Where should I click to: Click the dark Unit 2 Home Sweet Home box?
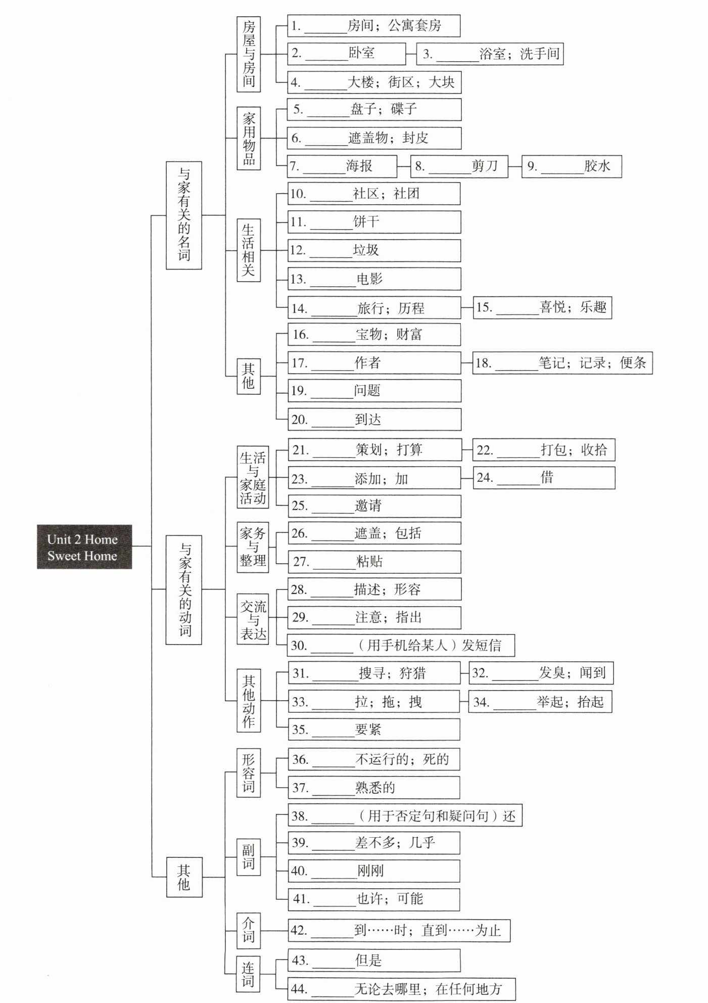84,546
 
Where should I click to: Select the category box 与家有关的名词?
183,215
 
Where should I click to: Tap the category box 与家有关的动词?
183,589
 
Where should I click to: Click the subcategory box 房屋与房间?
249,54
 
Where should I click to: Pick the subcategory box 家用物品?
249,138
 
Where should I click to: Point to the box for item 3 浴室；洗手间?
490,54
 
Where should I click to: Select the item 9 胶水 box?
572,166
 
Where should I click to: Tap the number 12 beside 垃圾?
298,250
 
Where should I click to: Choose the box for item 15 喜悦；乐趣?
542,307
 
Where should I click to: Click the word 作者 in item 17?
367,362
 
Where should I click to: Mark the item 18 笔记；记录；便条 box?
562,363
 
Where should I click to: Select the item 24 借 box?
544,478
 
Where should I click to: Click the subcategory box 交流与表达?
253,620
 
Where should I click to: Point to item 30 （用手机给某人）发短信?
401,646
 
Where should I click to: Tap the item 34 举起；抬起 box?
540,702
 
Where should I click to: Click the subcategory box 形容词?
249,773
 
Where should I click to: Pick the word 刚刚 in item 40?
370,871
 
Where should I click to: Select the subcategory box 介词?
249,930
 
